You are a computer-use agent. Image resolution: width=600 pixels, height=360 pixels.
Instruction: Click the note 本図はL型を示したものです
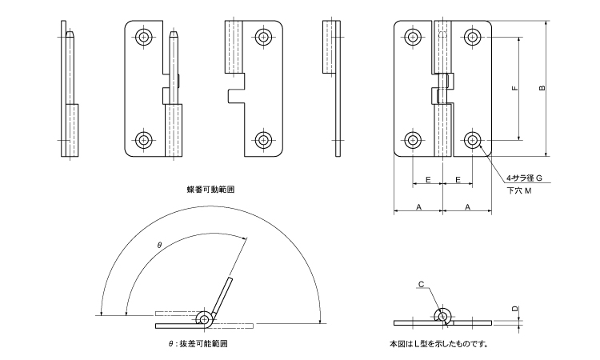point(438,345)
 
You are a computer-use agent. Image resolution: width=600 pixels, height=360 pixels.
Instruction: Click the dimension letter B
point(542,88)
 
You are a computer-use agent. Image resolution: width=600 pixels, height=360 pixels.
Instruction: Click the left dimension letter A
point(419,206)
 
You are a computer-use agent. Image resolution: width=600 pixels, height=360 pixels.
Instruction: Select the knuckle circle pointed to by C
point(442,316)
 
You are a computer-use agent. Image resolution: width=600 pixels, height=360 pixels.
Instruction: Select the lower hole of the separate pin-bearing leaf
point(144,140)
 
